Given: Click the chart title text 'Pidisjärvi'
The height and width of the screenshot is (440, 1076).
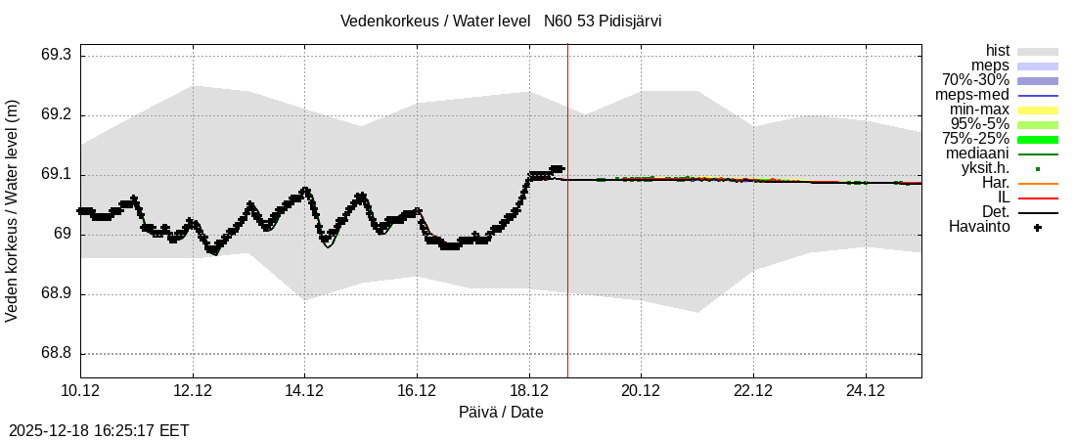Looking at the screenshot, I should click(x=626, y=21).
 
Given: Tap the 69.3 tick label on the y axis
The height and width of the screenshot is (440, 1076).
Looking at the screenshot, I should click(x=55, y=56).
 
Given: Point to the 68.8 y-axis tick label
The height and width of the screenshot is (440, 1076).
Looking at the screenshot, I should click(x=55, y=354).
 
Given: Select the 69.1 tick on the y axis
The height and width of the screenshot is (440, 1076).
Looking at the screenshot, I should click(x=55, y=175).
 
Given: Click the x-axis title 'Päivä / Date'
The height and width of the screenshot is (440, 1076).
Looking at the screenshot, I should click(x=501, y=413).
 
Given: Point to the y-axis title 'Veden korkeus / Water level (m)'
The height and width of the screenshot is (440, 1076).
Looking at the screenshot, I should click(x=14, y=210).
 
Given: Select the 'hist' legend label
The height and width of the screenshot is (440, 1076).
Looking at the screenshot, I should click(x=997, y=51).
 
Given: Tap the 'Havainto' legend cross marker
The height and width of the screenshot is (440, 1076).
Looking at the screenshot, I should click(x=1038, y=228).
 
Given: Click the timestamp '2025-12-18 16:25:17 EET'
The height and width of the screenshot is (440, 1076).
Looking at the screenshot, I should click(x=99, y=430).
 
